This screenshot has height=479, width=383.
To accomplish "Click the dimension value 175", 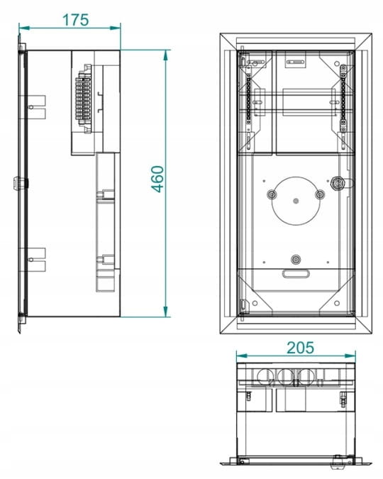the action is click(x=75, y=20).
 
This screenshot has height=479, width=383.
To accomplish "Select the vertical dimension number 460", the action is click(x=158, y=179).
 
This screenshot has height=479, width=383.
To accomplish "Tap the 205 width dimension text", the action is click(x=300, y=348).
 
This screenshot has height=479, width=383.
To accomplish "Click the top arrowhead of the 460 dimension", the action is click(x=165, y=55).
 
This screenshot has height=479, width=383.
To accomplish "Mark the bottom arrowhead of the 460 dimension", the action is click(x=165, y=312).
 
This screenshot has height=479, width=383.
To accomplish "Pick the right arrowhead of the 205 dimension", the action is click(x=350, y=356).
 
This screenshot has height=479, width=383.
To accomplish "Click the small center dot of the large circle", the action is click(x=295, y=201).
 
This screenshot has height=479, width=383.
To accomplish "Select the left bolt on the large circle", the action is click(x=271, y=194).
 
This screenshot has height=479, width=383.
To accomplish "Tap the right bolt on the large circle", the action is click(x=320, y=194).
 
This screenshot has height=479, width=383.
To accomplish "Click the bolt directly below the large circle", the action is click(x=295, y=260).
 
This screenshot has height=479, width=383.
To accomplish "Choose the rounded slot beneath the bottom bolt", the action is click(x=296, y=274).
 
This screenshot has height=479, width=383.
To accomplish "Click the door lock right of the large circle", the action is click(x=337, y=183).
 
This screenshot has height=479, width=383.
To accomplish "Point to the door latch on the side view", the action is click(x=18, y=183).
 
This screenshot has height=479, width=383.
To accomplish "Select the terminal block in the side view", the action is click(x=84, y=99).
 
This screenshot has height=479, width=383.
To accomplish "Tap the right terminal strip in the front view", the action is click(x=343, y=99).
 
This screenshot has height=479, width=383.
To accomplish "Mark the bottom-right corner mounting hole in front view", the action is click(x=337, y=303).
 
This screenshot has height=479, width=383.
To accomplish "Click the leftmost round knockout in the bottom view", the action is click(x=263, y=377).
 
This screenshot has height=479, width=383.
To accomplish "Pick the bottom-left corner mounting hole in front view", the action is click(x=255, y=303).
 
